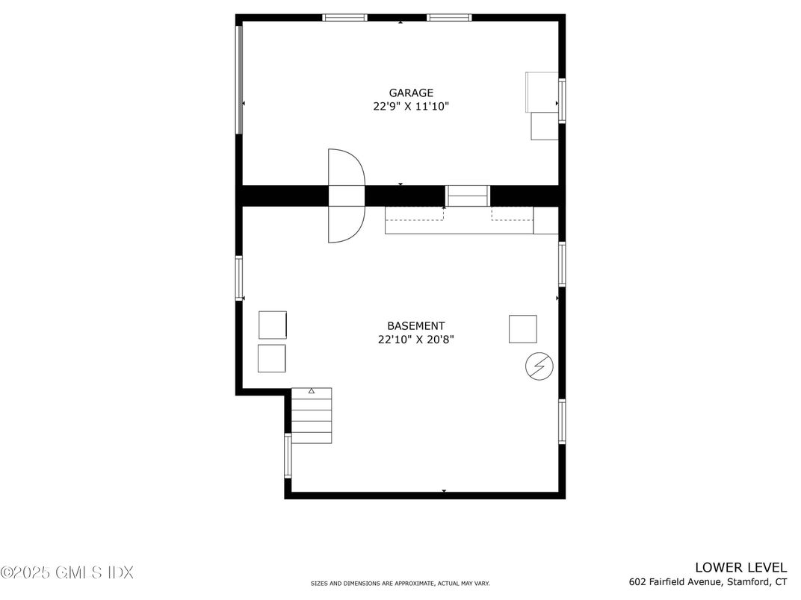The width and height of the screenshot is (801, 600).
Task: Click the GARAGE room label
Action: pos(410,93)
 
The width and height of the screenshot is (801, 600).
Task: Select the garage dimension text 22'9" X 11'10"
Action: pos(410,107)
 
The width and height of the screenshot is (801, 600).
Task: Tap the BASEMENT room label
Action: pos(415,326)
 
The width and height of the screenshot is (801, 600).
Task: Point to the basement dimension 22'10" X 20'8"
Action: pos(415,340)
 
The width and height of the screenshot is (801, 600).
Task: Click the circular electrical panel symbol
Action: pos(539,366)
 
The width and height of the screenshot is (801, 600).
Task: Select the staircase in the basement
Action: pos(311,416)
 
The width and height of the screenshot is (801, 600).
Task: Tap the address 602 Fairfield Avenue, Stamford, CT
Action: pos(708,582)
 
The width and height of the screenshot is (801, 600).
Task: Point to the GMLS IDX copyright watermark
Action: pos(67,572)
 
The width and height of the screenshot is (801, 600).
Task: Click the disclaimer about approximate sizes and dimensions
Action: pos(400,584)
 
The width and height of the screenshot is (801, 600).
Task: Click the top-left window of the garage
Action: pos(344,17)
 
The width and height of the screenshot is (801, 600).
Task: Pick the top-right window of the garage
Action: pos(449,17)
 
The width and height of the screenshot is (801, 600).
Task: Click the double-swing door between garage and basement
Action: pos(347,196)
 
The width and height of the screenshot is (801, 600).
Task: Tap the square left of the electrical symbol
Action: pos(522,329)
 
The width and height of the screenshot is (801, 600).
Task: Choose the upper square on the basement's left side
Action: pos(273,325)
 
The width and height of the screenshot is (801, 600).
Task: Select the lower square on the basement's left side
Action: pos(272,358)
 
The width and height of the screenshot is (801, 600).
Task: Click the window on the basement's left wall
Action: pos(240,278)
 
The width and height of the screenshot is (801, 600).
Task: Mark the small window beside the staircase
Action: pos(288,456)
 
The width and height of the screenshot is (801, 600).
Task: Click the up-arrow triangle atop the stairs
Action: pos(312,391)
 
